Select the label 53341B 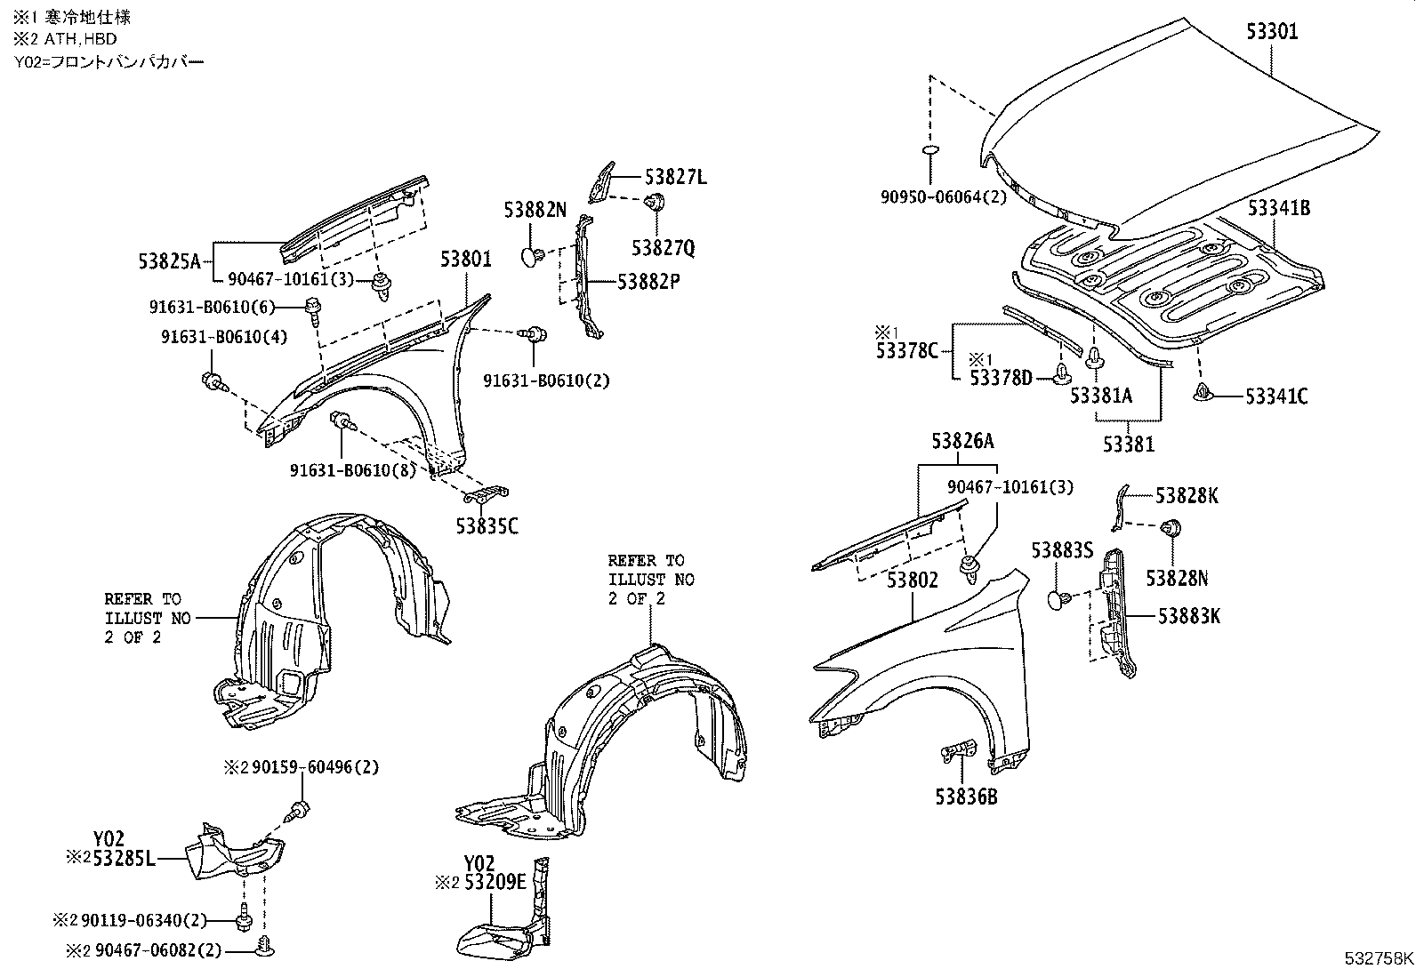point(1278,209)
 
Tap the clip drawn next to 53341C point(1203,392)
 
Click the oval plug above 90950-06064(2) point(930,152)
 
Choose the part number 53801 point(465,260)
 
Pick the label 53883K point(1189,615)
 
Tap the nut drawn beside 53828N point(1171,527)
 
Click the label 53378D point(1001,379)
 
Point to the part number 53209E point(493,883)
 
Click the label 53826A point(962,441)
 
